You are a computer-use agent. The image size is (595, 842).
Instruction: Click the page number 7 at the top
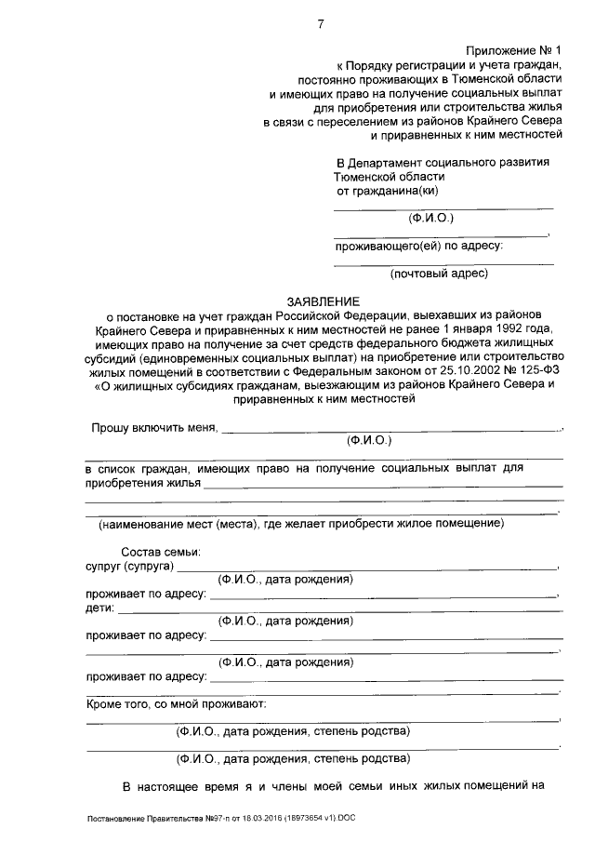point(320,24)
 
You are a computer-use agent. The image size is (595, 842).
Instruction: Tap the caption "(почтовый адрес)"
point(439,274)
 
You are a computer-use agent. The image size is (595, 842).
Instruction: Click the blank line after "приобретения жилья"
point(383,485)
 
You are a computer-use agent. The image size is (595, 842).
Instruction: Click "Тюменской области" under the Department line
point(390,176)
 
